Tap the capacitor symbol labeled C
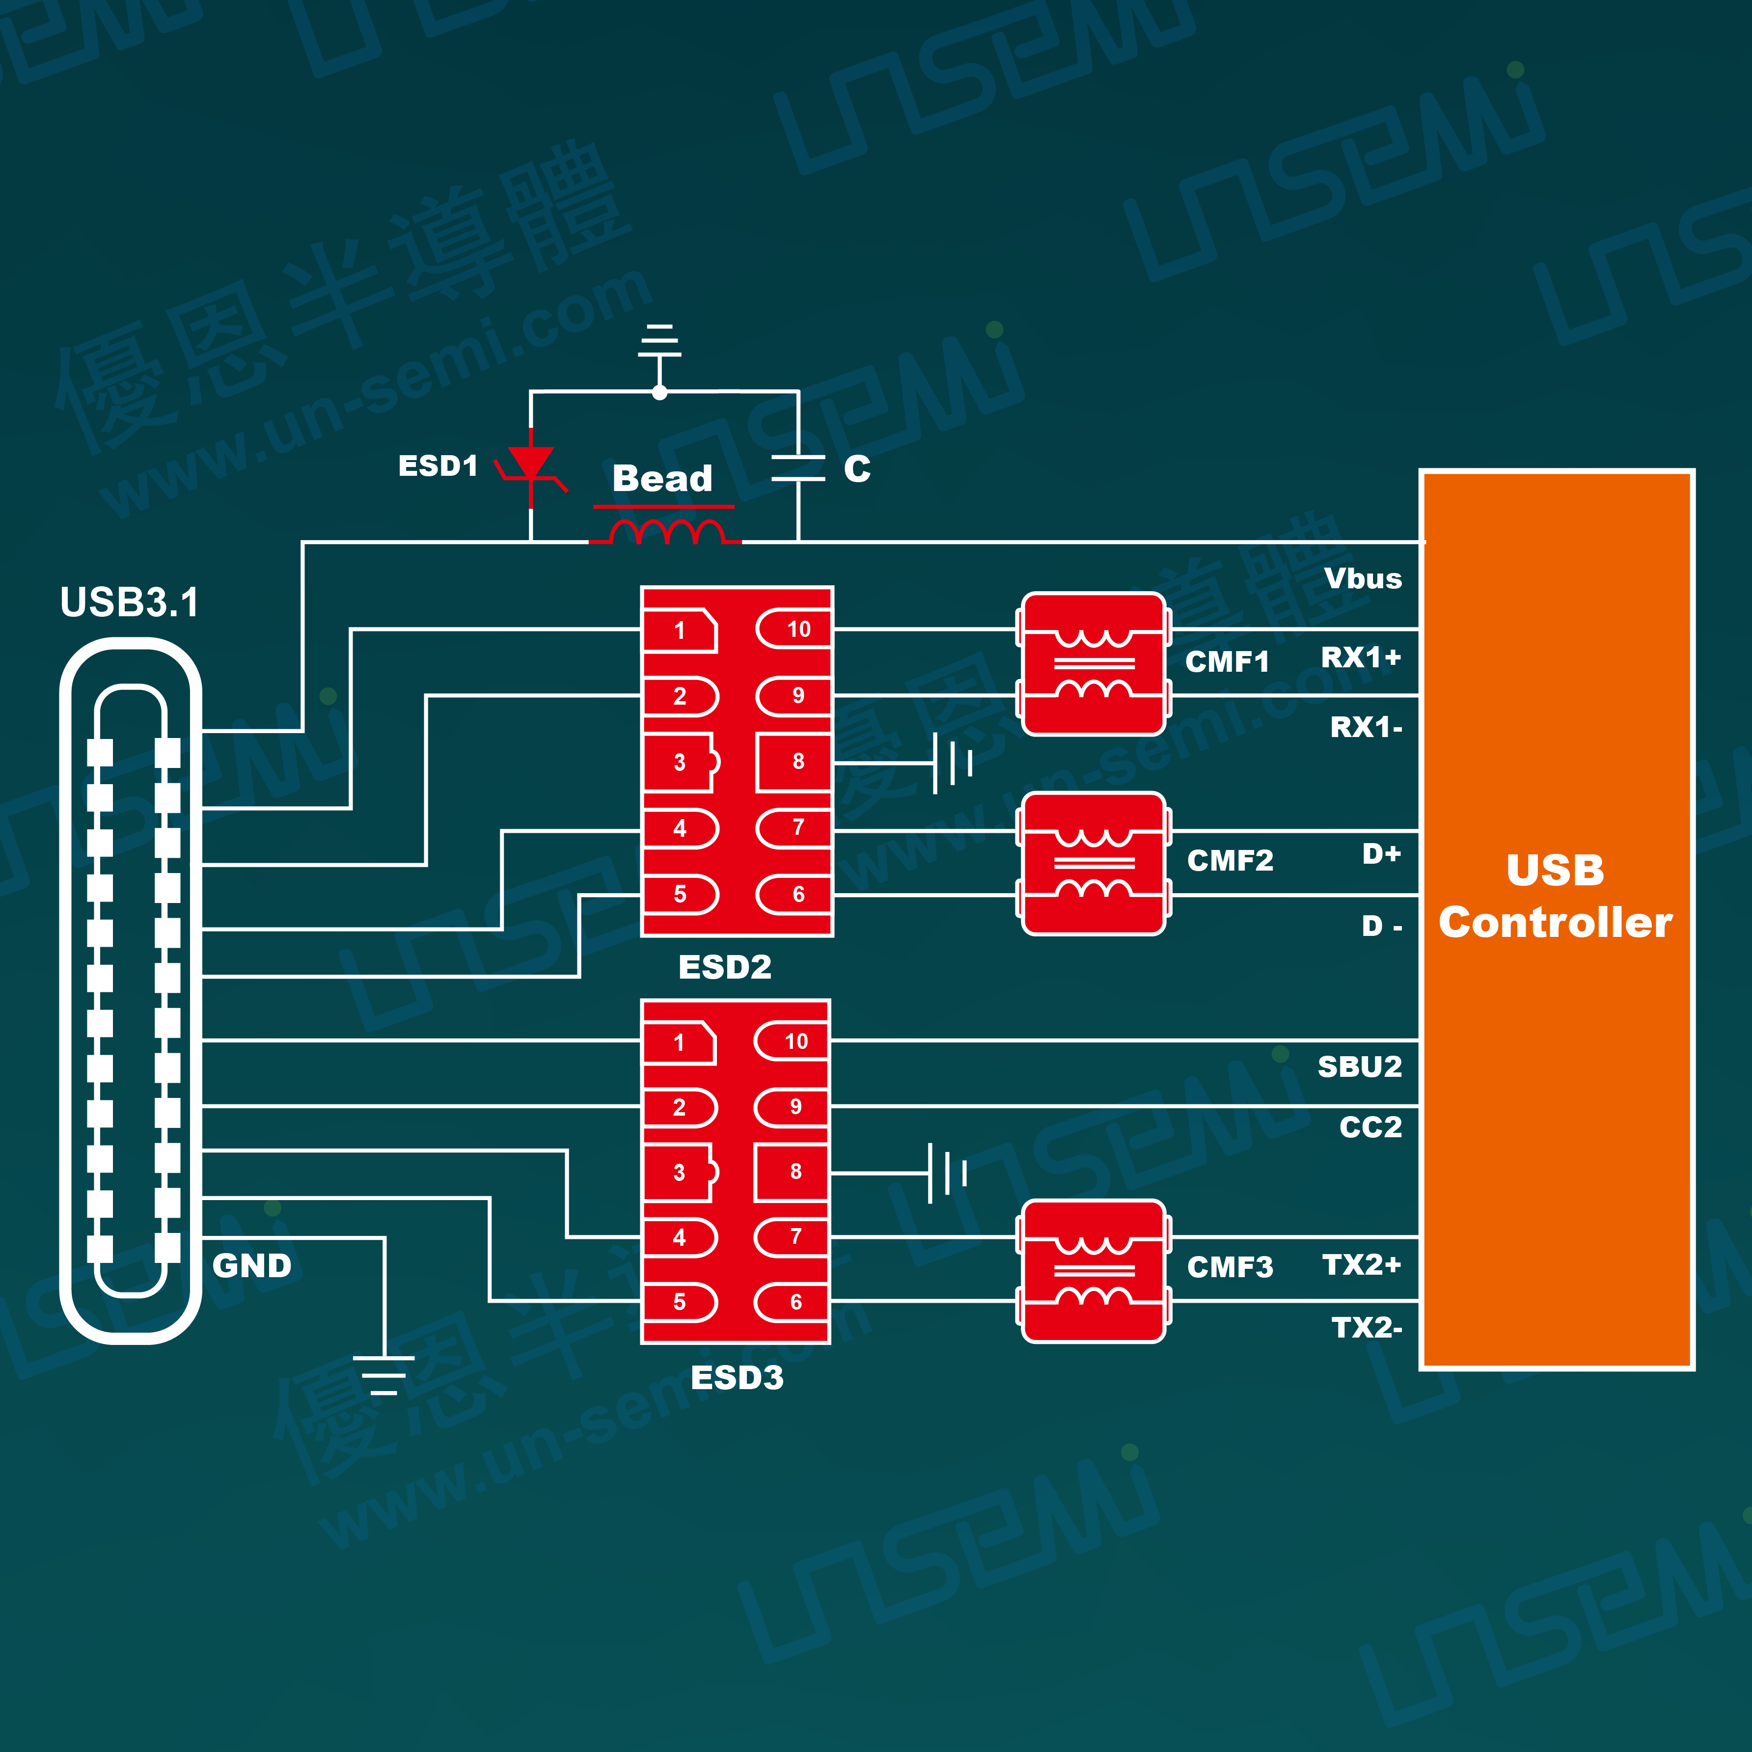click(798, 468)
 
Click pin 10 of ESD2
click(794, 630)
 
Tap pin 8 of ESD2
click(794, 762)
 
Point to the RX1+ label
click(1360, 657)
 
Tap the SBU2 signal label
click(1359, 1067)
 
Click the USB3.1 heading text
click(130, 602)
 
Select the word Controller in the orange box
click(1555, 923)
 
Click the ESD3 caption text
click(737, 1377)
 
